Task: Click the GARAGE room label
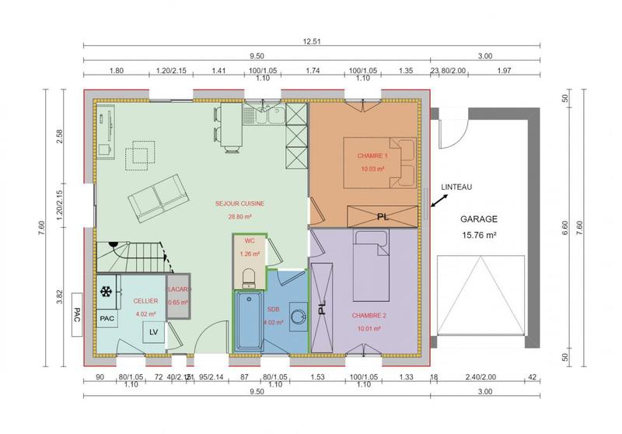[x=478, y=219]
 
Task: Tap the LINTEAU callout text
[x=456, y=187]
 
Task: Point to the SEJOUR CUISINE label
[x=240, y=204]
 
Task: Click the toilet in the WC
[x=249, y=276]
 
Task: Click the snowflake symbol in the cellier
[x=107, y=292]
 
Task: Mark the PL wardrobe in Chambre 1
[x=382, y=215]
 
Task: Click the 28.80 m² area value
[x=240, y=217]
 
